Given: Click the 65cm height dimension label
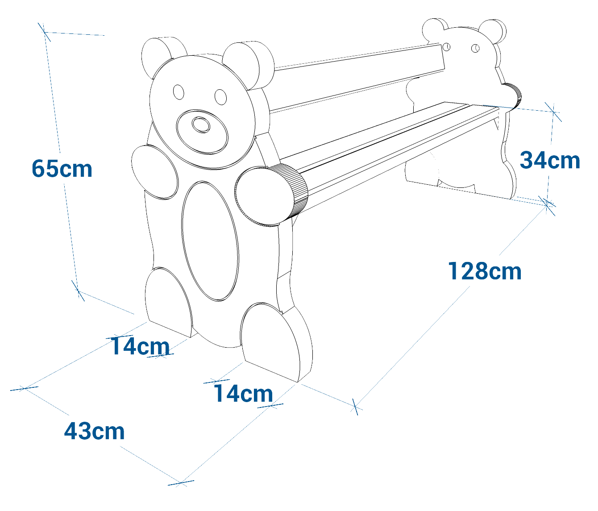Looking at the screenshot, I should (x=62, y=169).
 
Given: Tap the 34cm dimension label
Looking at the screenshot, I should (x=550, y=160).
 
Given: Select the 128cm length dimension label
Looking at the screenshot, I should (x=485, y=271).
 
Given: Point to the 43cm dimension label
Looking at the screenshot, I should (x=94, y=432).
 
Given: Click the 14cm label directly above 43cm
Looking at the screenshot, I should (x=140, y=346).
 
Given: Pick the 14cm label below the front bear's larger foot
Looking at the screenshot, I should (x=243, y=394).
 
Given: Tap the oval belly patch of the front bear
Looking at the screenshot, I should (x=210, y=241).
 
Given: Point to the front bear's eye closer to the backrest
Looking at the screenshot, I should (x=220, y=96).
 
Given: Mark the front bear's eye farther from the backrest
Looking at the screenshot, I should (x=179, y=92).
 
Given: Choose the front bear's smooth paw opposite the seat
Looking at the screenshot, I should (x=154, y=171).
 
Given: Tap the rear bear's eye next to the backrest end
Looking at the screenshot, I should (x=447, y=46).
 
